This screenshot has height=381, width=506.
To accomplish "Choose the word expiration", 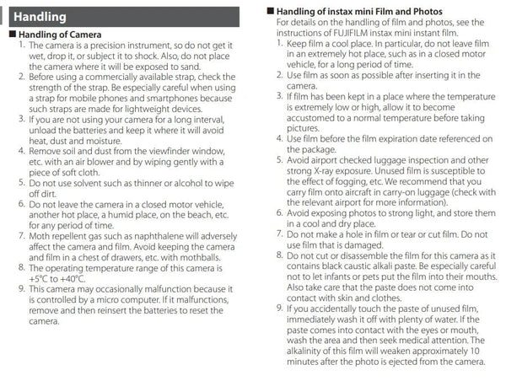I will [x=397, y=139].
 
